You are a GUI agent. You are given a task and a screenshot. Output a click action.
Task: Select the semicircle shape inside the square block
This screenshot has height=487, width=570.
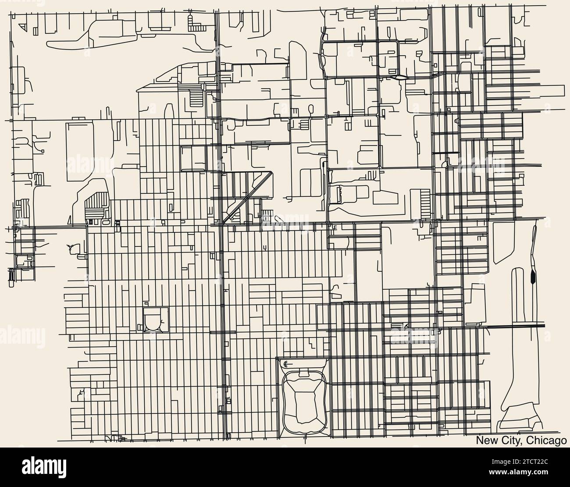click(156, 321)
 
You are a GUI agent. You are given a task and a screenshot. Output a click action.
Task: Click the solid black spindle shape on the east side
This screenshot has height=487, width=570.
click(533, 277)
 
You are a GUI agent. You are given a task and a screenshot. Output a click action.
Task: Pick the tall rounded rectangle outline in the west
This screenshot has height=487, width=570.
click(79, 152)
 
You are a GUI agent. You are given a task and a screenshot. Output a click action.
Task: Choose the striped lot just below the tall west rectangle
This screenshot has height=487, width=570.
click(96, 203)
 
